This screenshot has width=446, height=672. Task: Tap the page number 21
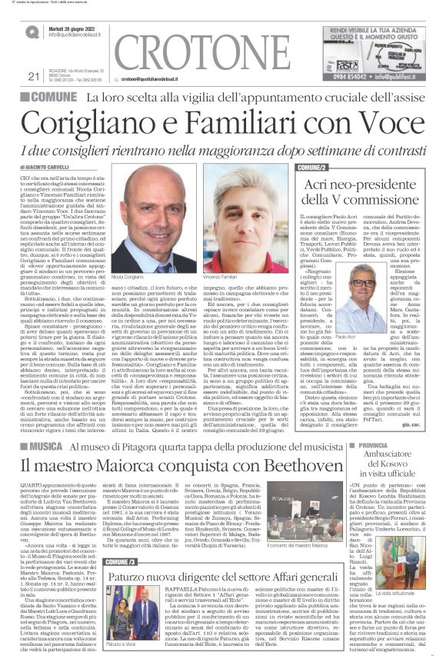pyautogui.click(x=32, y=76)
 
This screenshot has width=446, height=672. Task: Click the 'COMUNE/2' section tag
pyautogui.click(x=315, y=167)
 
